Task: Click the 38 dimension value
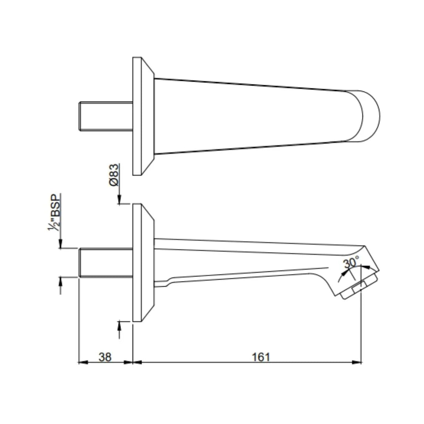coord(105,357)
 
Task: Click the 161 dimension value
coord(261,357)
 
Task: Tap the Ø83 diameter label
coord(114,175)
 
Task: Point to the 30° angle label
coord(351,263)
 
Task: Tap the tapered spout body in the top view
coord(251,116)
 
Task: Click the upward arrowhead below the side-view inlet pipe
coord(60,281)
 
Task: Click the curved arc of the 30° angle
coord(341,275)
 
